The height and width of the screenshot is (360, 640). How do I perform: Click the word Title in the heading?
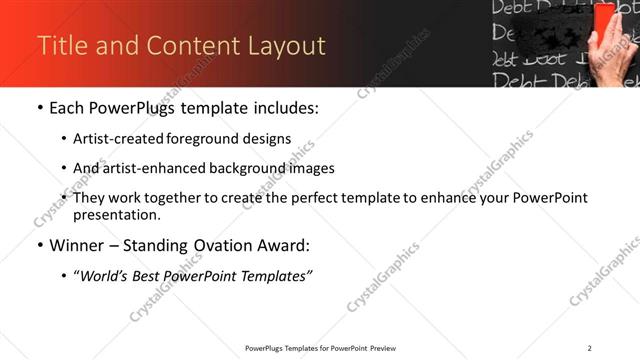(61, 46)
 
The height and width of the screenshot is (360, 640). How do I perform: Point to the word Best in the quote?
(158, 275)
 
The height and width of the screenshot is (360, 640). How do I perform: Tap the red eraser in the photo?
(605, 22)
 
